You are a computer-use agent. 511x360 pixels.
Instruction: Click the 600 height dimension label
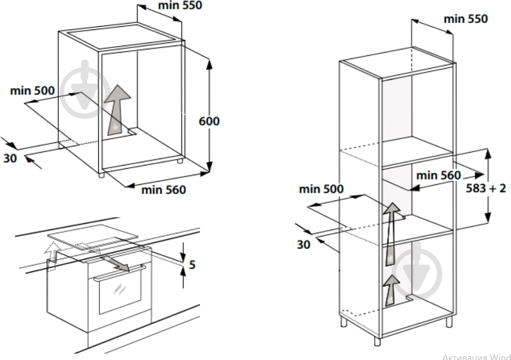(209, 121)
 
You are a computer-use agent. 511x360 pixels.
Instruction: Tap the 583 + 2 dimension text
(486, 188)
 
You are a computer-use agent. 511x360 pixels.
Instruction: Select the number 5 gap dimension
(192, 265)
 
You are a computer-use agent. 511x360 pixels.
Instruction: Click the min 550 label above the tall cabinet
(466, 19)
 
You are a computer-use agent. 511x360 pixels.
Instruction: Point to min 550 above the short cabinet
(180, 5)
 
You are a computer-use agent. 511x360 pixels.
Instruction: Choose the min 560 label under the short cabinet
(163, 189)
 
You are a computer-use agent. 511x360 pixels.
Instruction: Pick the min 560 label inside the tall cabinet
(438, 175)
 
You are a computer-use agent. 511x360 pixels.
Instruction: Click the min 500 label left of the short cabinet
(32, 90)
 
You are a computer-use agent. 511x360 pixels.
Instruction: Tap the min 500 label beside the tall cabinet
(321, 189)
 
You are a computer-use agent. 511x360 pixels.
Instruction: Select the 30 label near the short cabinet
(10, 158)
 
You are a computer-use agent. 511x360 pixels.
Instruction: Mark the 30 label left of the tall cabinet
(303, 244)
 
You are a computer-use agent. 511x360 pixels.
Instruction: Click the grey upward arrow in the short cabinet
(117, 110)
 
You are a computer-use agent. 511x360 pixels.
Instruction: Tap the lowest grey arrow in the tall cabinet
(391, 290)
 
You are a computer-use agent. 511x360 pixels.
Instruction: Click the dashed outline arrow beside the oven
(52, 256)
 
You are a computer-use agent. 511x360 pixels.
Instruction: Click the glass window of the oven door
(120, 292)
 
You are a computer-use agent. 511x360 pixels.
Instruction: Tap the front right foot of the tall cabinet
(377, 341)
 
